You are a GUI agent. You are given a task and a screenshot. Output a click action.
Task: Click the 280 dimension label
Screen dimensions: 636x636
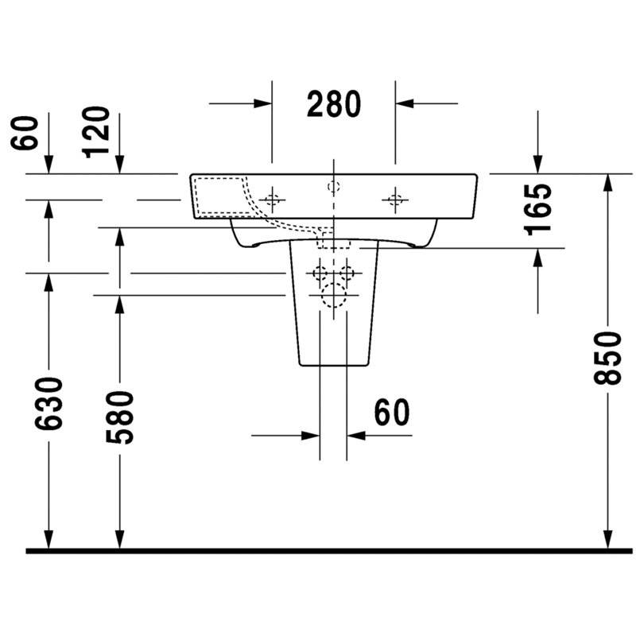tap(333, 104)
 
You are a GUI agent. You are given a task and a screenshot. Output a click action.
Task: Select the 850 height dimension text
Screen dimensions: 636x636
tap(607, 358)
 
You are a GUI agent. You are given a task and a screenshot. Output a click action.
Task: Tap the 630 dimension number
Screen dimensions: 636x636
tap(48, 404)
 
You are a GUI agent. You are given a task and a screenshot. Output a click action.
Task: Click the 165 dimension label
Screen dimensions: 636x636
tap(538, 210)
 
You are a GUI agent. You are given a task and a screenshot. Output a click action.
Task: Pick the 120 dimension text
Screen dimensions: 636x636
tap(95, 132)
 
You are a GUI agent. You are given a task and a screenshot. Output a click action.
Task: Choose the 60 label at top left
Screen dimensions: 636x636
tap(25, 133)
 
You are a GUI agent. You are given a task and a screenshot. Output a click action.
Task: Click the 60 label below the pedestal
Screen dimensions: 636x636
tap(391, 412)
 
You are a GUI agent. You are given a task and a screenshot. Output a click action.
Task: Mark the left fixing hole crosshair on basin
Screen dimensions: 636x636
tap(272, 200)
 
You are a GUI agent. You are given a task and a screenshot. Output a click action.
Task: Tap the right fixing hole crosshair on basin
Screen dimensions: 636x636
tap(395, 200)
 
